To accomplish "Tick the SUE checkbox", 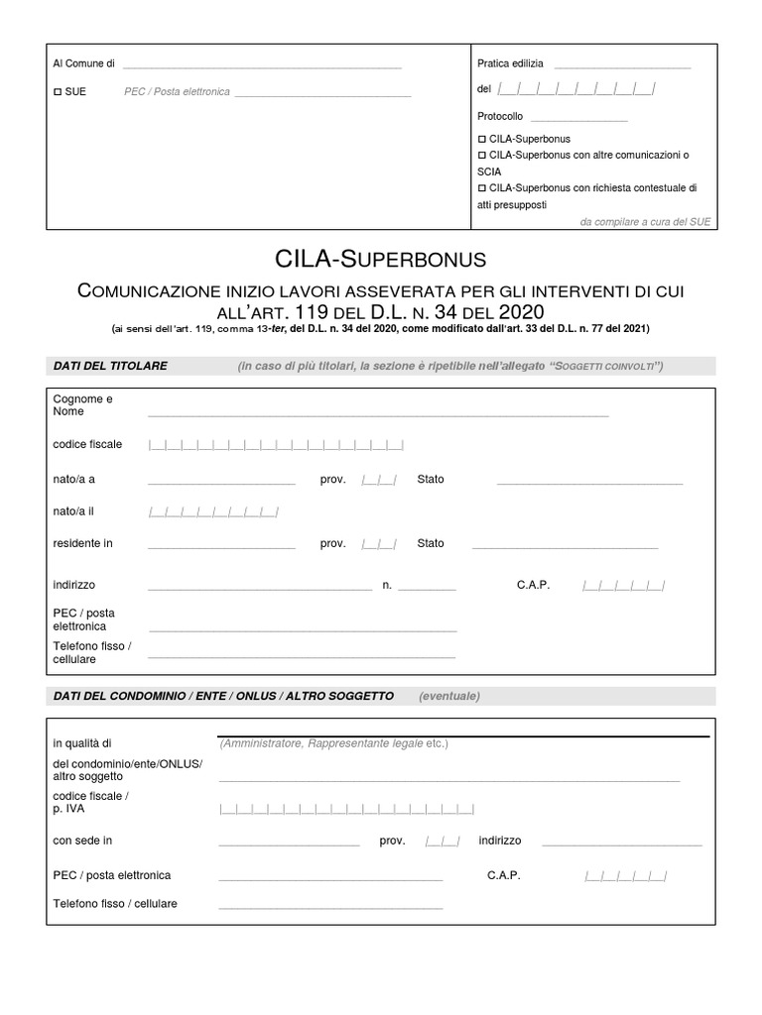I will pos(58,91).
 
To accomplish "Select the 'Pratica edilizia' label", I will pos(510,63).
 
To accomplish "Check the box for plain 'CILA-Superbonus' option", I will pos(482,140).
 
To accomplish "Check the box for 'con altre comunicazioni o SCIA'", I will pos(482,157).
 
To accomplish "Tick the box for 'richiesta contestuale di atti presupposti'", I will pos(482,187).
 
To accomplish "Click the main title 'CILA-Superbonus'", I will pos(380,260).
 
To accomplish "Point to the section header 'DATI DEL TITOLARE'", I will pos(110,366).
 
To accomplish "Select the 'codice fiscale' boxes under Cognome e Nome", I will pos(276,445).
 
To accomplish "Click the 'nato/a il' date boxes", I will pos(212,511).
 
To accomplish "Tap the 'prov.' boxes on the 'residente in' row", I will pos(380,543).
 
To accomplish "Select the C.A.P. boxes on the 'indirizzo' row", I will pos(623,586).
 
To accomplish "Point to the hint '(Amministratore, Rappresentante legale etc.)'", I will pos(333,743).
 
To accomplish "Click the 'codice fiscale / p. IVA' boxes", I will pos(346,808).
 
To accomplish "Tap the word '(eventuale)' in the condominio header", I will pos(448,696).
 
